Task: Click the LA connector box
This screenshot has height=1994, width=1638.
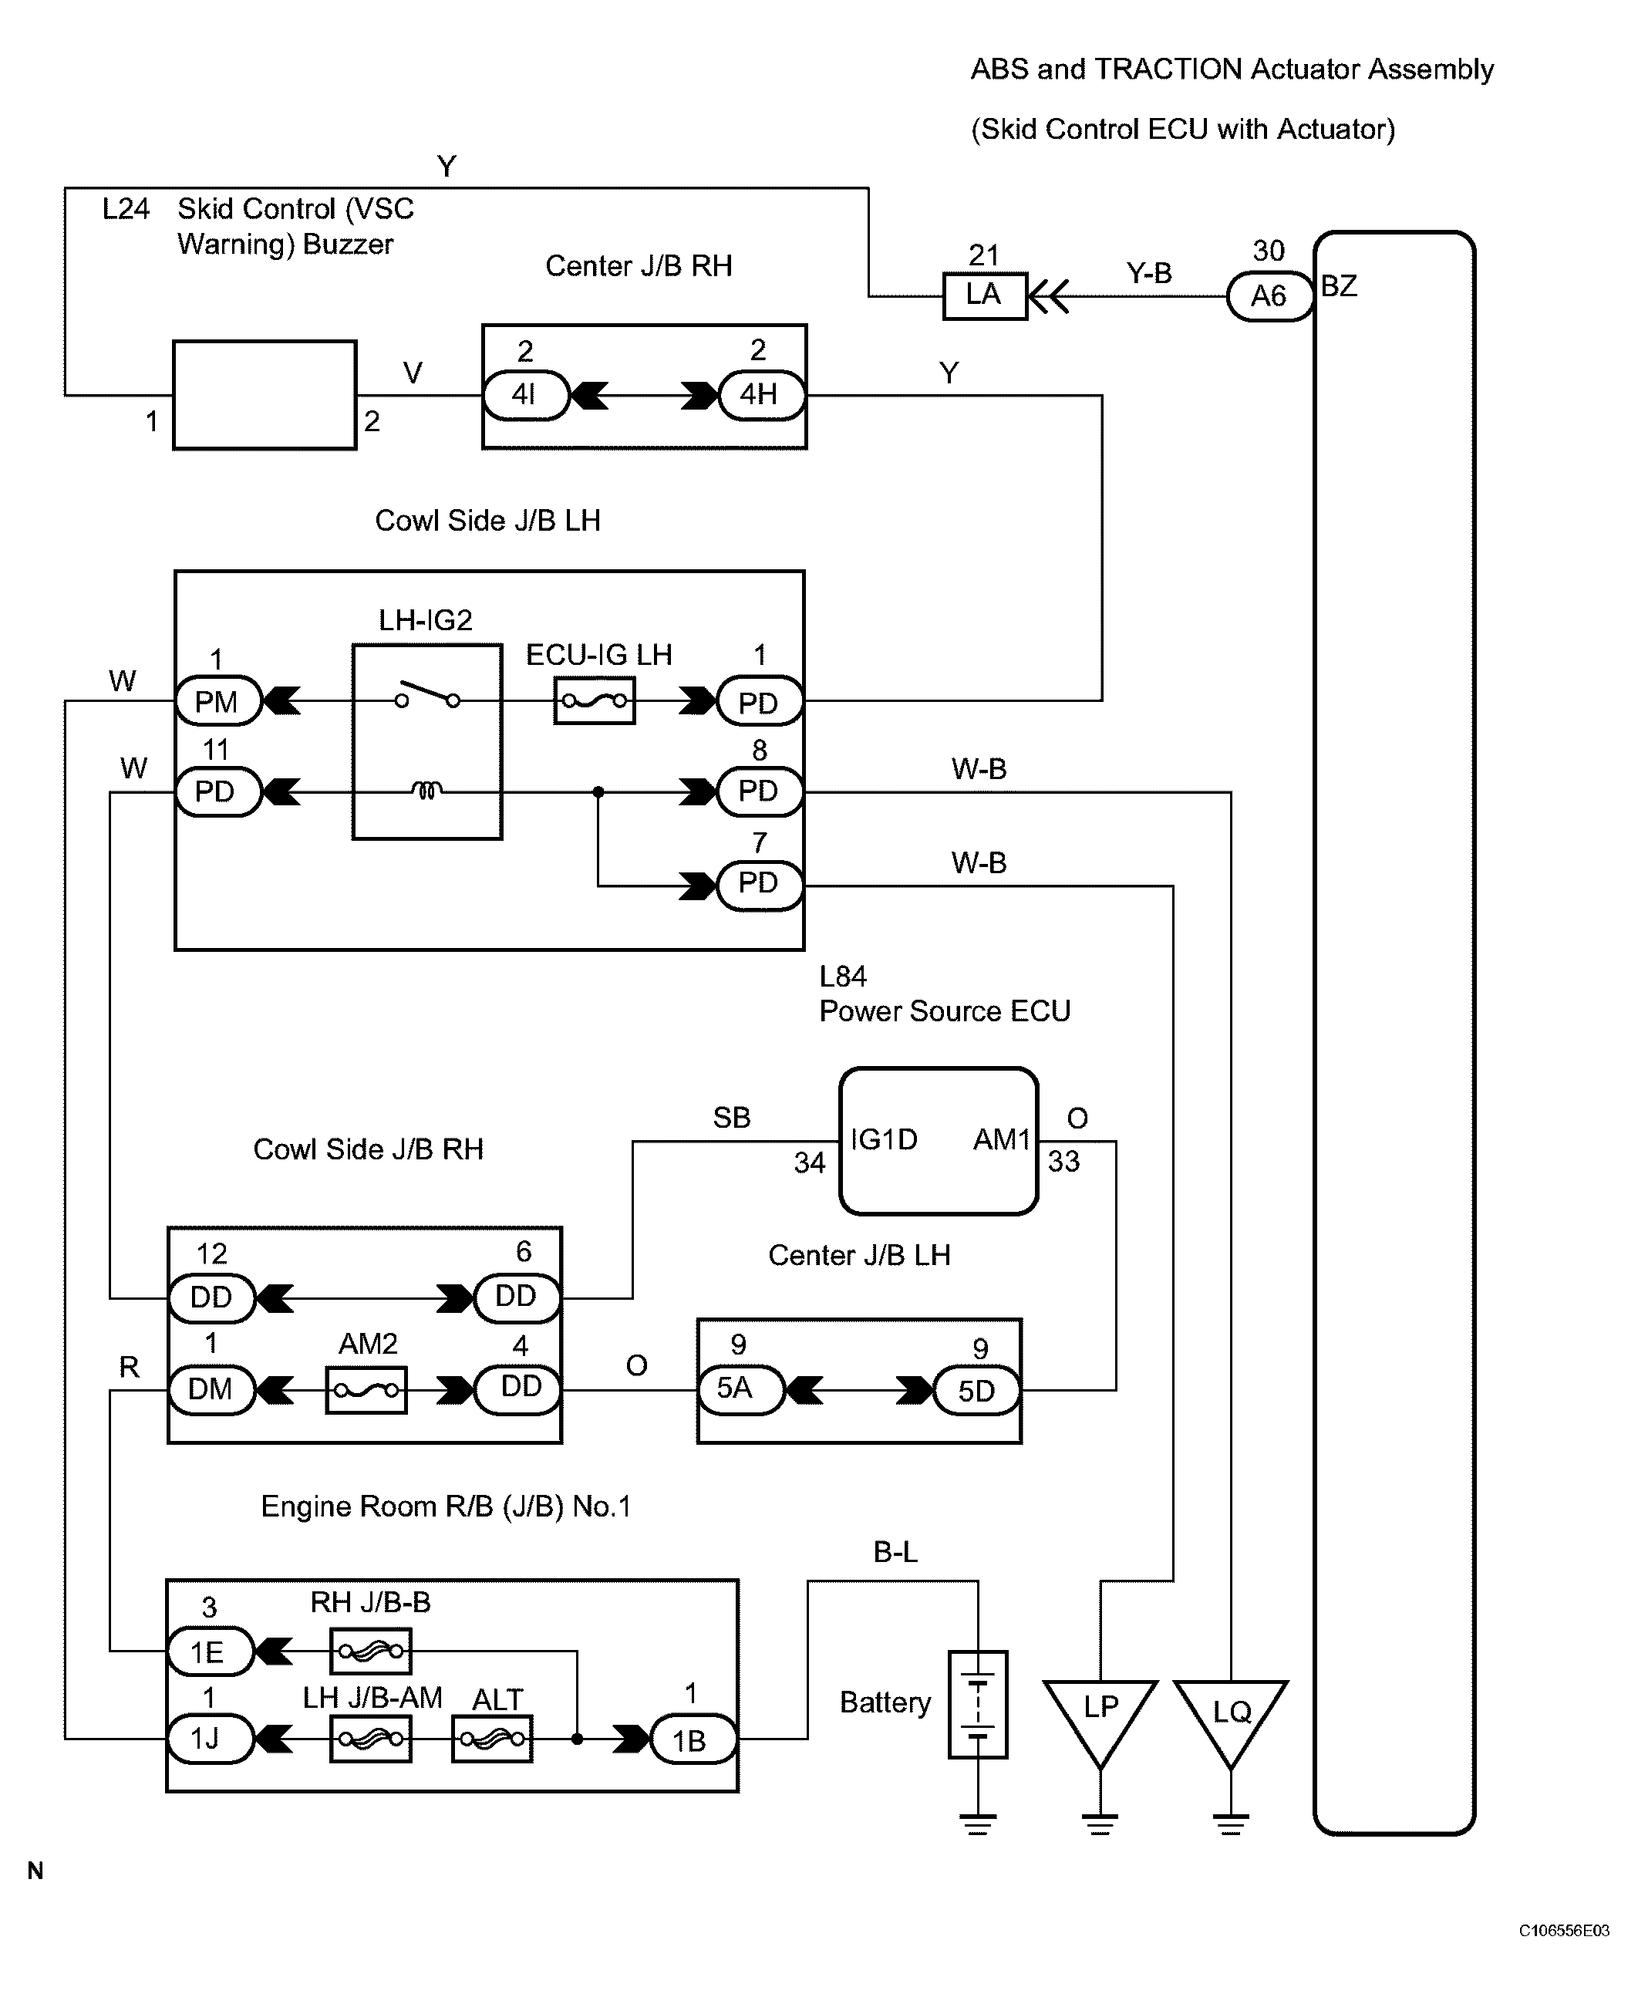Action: tap(984, 296)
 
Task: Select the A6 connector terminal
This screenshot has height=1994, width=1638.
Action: tap(1269, 296)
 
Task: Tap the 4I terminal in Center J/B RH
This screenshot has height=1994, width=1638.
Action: tap(525, 394)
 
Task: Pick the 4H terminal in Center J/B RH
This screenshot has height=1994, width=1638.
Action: tap(760, 394)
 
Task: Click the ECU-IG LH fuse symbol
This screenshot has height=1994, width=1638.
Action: tap(595, 700)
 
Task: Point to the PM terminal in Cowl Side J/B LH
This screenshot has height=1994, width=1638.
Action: tap(217, 701)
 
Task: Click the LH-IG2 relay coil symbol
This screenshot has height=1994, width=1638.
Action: tap(426, 790)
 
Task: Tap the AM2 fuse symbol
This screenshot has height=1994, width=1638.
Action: tap(366, 1390)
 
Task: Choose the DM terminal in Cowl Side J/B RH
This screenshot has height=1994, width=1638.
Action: tap(211, 1389)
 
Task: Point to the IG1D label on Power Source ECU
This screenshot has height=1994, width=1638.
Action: tap(884, 1140)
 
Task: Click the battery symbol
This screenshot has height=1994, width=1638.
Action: tap(979, 1703)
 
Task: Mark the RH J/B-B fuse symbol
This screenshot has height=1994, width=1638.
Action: tap(371, 1651)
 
